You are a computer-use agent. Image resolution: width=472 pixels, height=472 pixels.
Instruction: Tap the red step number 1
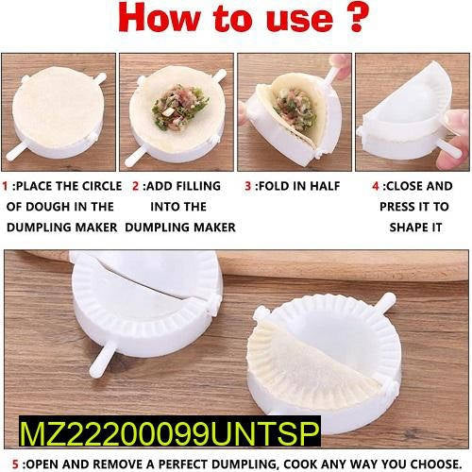(7, 186)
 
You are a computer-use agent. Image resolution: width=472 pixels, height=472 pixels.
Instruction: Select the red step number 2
(135, 186)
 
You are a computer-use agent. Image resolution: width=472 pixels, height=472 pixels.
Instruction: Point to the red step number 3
(247, 186)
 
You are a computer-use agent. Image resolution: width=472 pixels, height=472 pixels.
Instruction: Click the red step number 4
(376, 186)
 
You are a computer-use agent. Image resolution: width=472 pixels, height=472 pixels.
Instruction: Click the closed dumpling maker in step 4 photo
(411, 113)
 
